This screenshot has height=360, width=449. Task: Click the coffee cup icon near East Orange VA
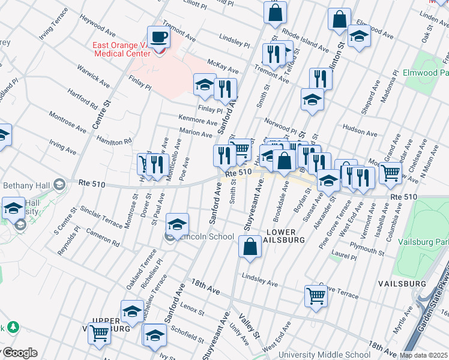click(159, 37)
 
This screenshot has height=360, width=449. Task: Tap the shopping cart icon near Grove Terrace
click(316, 295)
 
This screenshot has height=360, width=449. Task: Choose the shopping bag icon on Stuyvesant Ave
click(250, 247)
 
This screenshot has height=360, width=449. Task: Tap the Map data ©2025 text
click(423, 355)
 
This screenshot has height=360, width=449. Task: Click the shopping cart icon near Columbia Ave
click(391, 173)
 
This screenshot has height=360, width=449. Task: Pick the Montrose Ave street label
click(68, 121)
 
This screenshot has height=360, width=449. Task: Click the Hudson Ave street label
click(358, 128)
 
